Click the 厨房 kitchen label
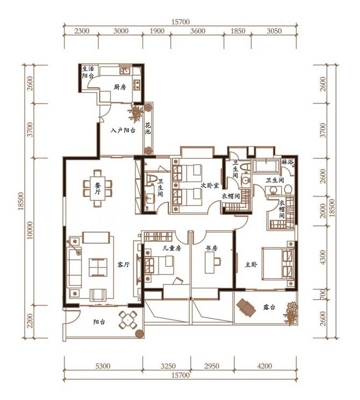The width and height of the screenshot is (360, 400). [x=120, y=87]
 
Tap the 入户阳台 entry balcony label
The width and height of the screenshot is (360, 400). [x=123, y=130]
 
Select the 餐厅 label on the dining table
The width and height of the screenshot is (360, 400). [x=98, y=188]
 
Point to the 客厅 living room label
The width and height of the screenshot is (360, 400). [x=124, y=265]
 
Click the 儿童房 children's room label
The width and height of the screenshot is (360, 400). [x=172, y=248]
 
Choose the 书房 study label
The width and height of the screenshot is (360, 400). [x=212, y=248]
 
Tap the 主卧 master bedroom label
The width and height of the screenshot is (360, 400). [x=251, y=265]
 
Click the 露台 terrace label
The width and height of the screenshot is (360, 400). [x=269, y=307]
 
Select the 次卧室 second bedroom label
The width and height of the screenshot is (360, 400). [x=210, y=185]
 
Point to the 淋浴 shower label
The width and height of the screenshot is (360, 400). [x=287, y=162]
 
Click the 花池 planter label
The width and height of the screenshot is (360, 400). [x=148, y=128]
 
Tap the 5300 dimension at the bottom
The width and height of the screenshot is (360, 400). [x=103, y=366]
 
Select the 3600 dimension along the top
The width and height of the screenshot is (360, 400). [x=198, y=31]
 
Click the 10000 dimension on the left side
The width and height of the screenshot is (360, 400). [x=30, y=230]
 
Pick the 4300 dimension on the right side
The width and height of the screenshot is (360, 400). [x=323, y=257]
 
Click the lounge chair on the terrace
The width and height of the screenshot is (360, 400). [x=246, y=308]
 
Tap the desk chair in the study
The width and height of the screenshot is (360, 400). [x=217, y=261]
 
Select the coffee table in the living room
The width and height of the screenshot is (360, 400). [x=98, y=267]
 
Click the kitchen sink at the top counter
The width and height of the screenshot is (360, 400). [x=125, y=70]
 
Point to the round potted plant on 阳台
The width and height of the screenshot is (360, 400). [x=140, y=334]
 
